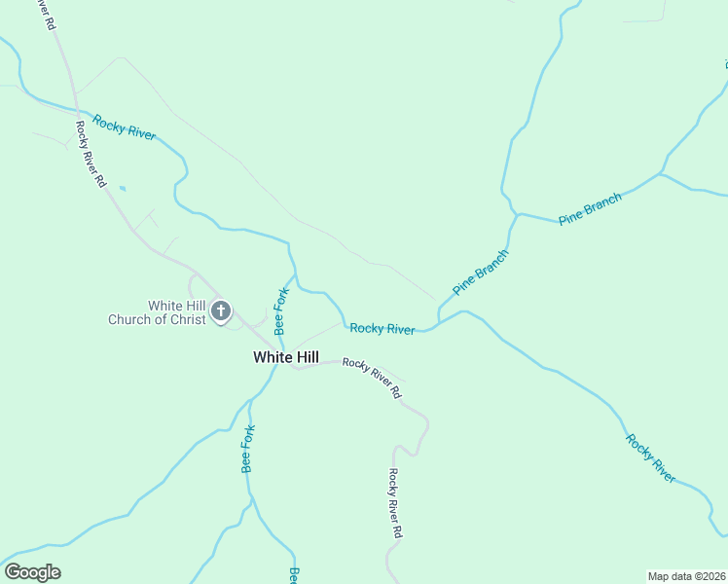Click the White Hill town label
[x=285, y=357]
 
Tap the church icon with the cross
[x=221, y=311]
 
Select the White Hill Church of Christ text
[x=158, y=312]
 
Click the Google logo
[x=32, y=572]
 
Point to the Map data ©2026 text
[x=686, y=575]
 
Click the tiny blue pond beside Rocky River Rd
[x=122, y=188]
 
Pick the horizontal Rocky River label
[x=382, y=329]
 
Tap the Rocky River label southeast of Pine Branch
[x=650, y=457]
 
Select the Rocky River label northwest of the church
[x=125, y=128]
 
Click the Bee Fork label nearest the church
[x=280, y=309]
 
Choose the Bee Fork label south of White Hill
[x=248, y=449]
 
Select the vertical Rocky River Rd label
[x=394, y=503]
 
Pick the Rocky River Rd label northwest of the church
[x=91, y=154]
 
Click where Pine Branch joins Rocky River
[x=439, y=322]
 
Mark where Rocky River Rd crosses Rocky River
[x=76, y=109]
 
